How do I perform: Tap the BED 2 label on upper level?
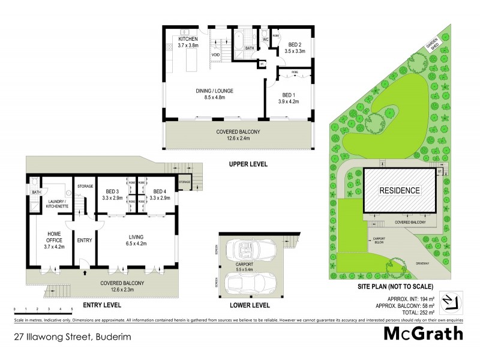(x=295, y=44)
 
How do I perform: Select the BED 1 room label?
(x=289, y=95)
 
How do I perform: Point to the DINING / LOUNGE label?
(x=214, y=91)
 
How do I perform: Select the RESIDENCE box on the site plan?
(x=398, y=190)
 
